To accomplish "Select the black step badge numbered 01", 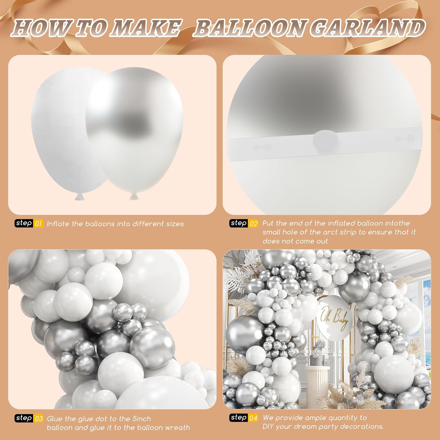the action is click(x=24, y=223).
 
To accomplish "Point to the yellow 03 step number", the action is click(x=39, y=418).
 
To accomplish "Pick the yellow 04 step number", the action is click(x=254, y=417).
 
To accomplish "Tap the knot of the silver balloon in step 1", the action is click(x=134, y=196).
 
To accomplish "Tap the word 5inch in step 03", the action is click(x=141, y=419).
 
